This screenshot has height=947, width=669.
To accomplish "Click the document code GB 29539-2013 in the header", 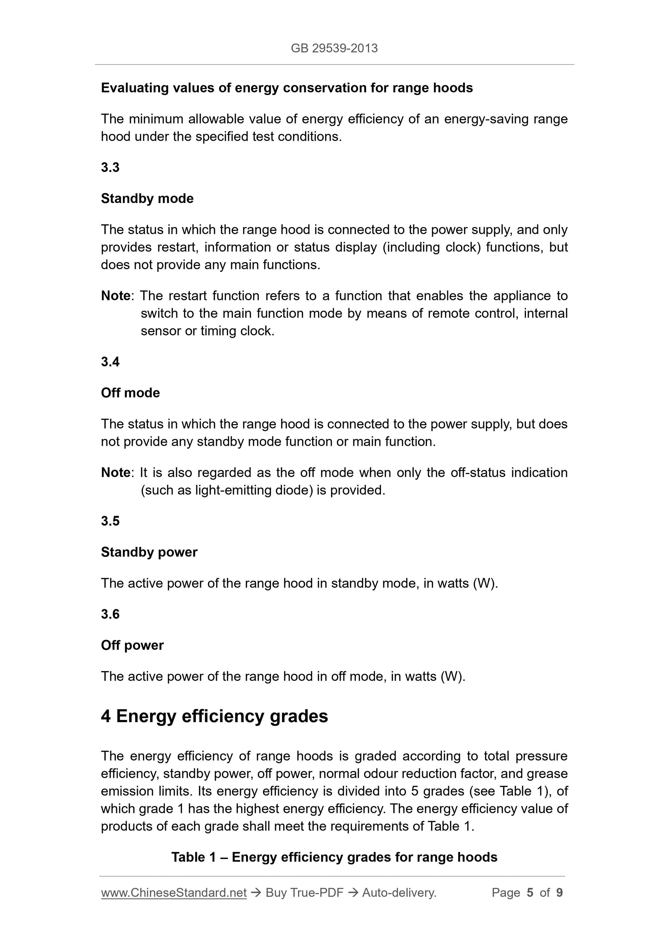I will pos(334,48).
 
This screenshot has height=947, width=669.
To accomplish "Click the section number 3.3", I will pos(110,168).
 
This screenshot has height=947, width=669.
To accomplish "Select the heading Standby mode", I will pos(147,198).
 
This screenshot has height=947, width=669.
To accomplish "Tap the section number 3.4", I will pos(110,362).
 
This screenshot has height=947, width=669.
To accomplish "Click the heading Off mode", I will pos(130,392).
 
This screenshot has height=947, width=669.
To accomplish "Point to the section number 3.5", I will pos(110,521).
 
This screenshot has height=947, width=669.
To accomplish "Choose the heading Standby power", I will pos(149,552).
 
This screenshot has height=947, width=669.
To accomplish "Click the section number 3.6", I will pos(110,614).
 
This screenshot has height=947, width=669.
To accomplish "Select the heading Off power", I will pos(132,645).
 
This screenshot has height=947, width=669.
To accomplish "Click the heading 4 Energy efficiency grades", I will pos(214,716).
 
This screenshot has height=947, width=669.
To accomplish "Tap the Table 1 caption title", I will pos(334,857).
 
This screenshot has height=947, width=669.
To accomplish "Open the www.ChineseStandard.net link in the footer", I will pos(174,893).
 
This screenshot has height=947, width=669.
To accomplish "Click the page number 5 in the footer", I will pos(530,893).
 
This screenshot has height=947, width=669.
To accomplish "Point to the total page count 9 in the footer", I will pos(559,893).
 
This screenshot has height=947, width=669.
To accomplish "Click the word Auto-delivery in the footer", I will pos(398,893).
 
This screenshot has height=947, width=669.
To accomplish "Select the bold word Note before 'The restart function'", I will pos(116,296).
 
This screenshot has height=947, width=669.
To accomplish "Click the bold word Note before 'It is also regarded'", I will pos(116,472).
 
